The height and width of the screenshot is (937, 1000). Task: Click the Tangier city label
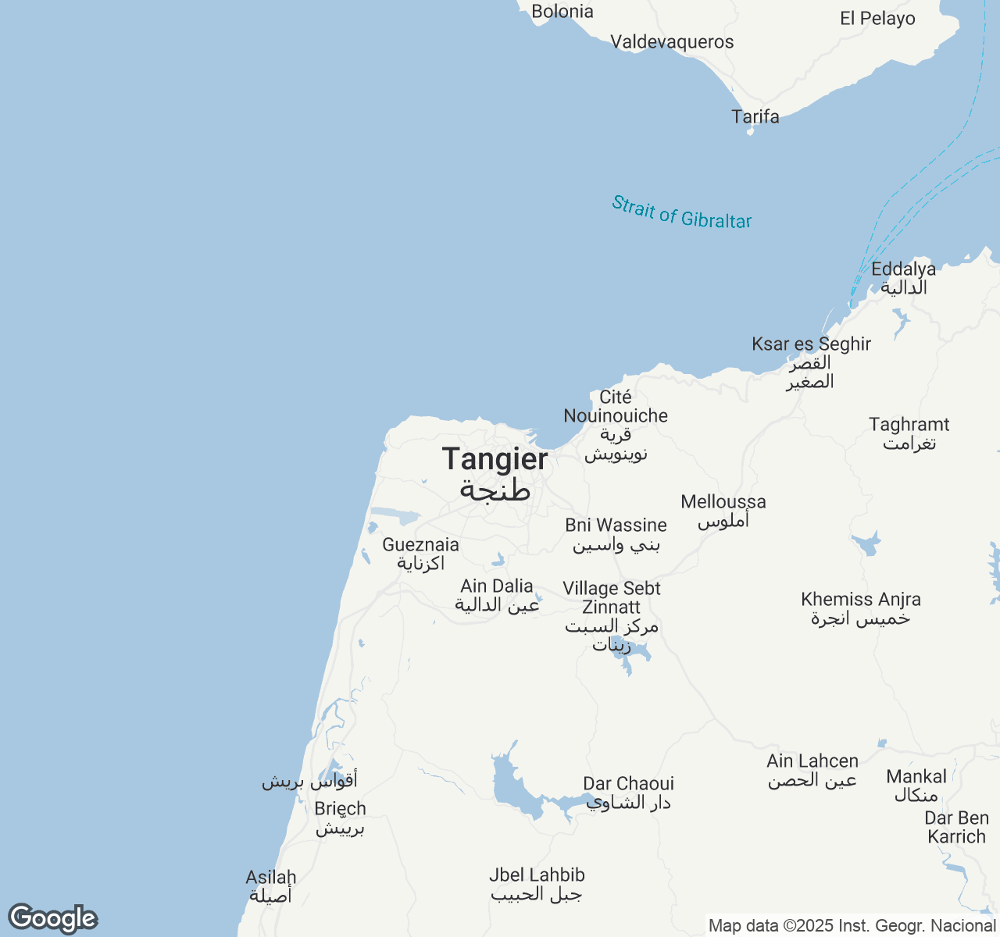(x=495, y=459)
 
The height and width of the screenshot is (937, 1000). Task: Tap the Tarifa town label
(x=755, y=117)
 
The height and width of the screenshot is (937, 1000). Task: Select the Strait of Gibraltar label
(x=681, y=212)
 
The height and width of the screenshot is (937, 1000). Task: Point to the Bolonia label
(x=562, y=12)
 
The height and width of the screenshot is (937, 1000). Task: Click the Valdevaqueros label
(x=672, y=42)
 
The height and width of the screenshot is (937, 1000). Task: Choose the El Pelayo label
(x=877, y=19)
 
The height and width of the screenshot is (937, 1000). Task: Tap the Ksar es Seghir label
(x=811, y=344)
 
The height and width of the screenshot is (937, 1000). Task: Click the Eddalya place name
(x=903, y=269)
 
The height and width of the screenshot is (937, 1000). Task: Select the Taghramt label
(x=909, y=425)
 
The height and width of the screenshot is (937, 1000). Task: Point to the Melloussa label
(x=723, y=502)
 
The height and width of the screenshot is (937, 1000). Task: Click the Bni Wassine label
(x=616, y=526)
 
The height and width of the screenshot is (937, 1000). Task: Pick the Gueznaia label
(x=420, y=545)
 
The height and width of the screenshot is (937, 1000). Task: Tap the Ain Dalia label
(x=497, y=586)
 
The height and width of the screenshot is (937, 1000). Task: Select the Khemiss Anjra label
(x=861, y=600)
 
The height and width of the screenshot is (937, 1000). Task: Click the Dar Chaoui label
(x=628, y=784)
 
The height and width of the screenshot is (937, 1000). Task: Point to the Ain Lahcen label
(x=812, y=761)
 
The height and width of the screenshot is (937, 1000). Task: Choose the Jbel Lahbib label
(x=537, y=875)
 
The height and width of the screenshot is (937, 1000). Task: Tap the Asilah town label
(x=270, y=878)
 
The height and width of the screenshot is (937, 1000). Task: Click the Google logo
(x=52, y=918)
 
